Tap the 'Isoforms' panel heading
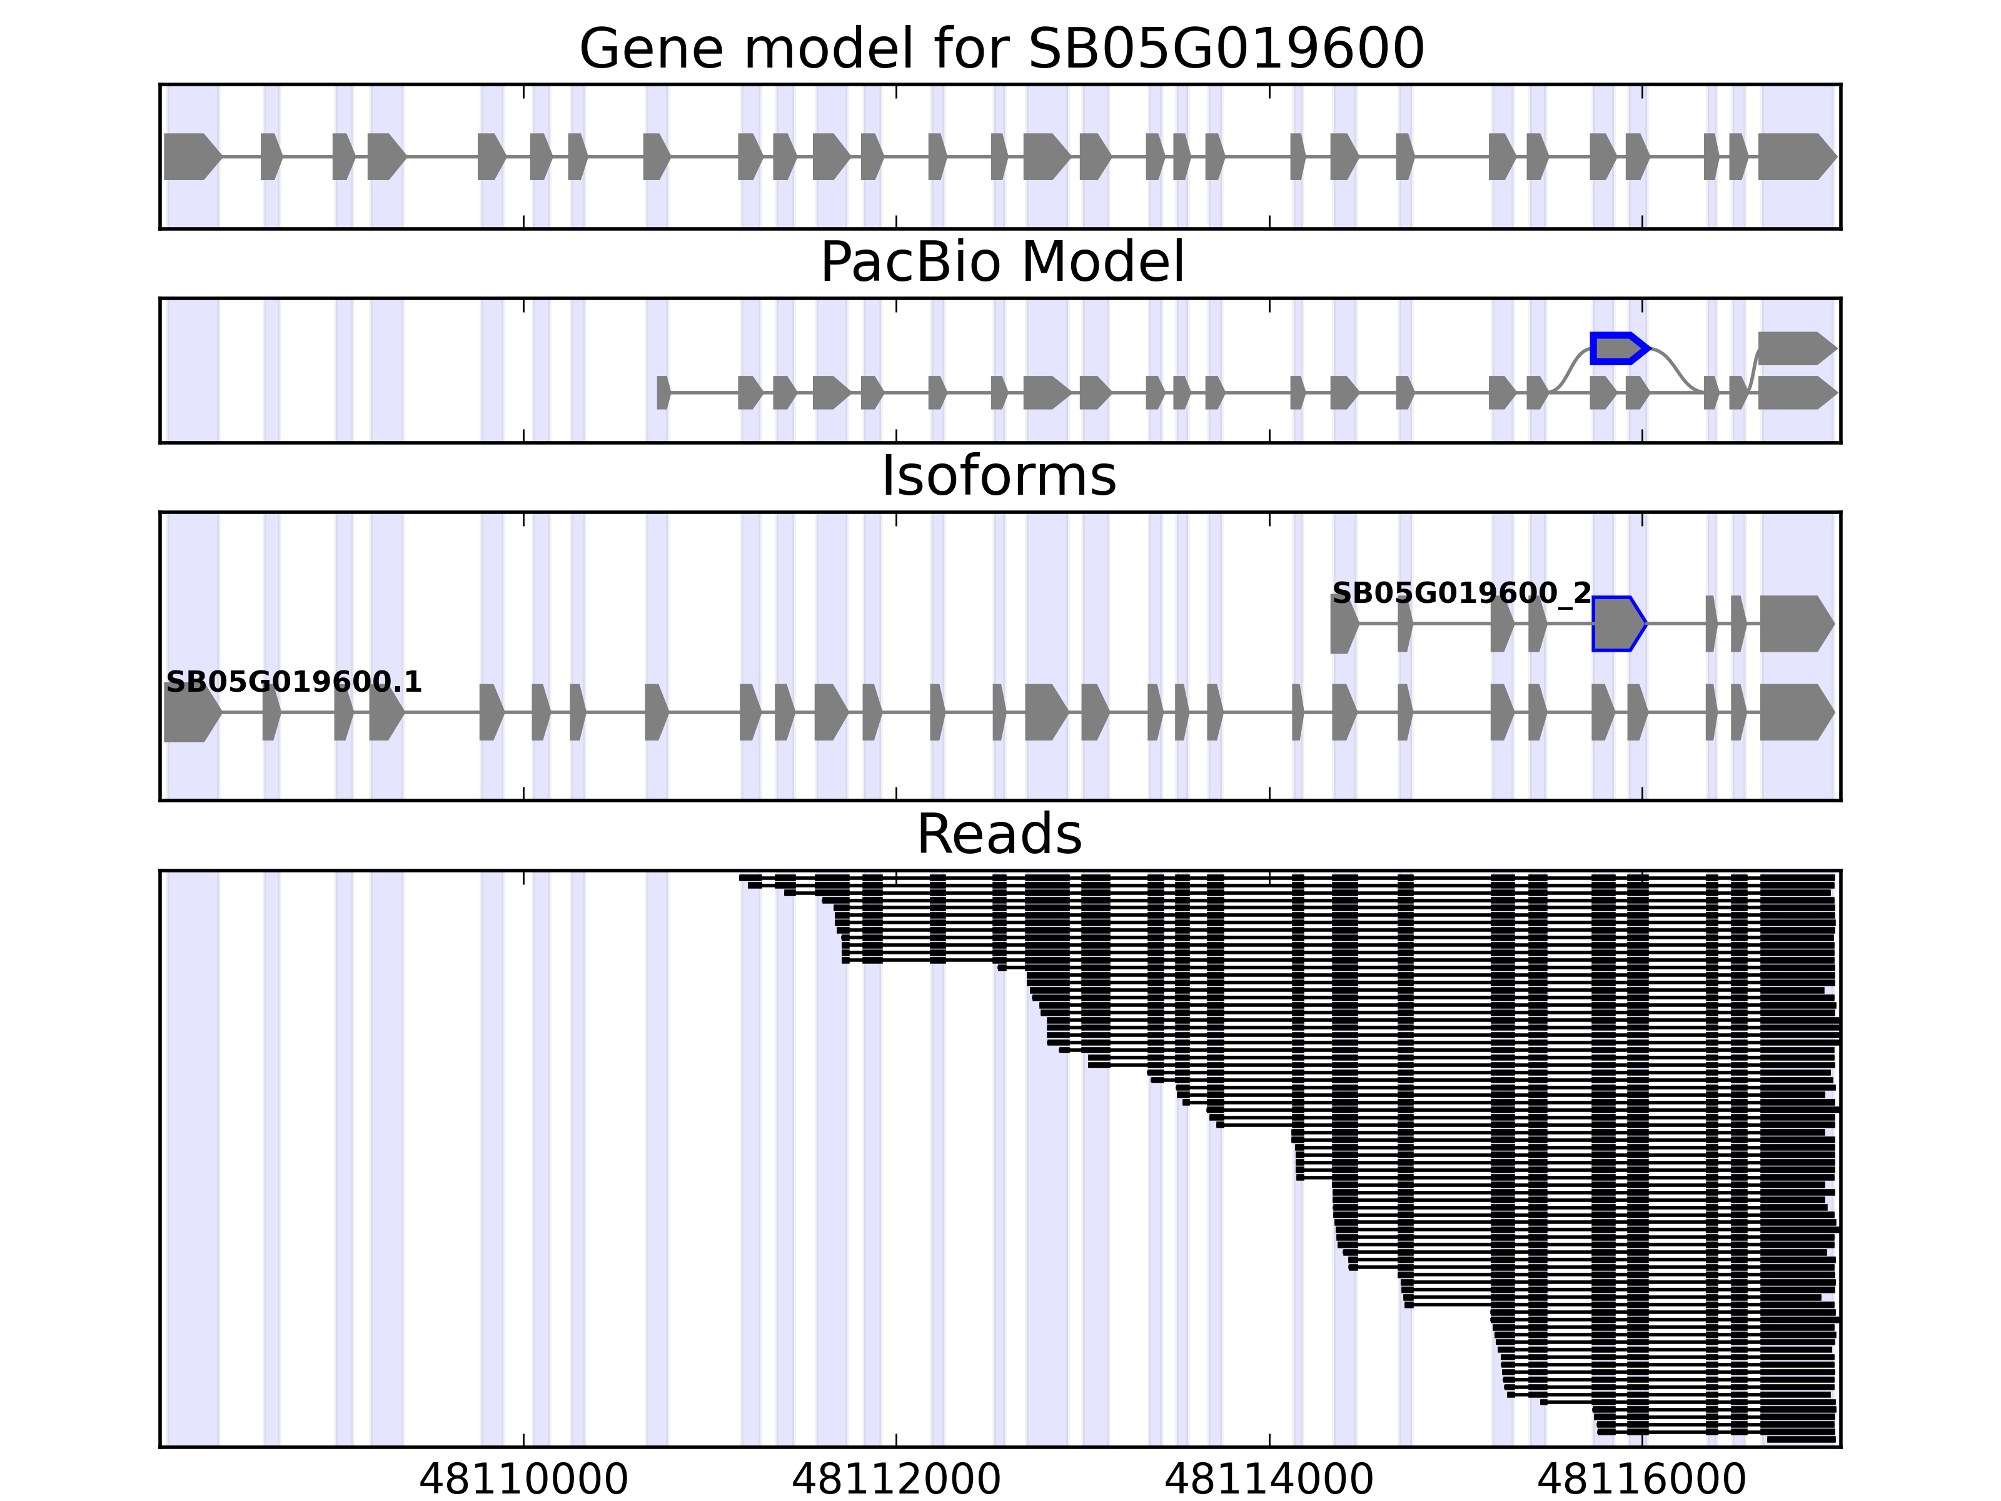[x=999, y=476]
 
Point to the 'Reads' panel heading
[x=999, y=834]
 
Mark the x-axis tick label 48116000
[x=1642, y=1479]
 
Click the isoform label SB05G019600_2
[x=1461, y=593]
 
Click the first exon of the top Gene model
[x=191, y=156]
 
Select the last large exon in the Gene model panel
[x=1796, y=156]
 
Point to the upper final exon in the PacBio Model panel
[x=1796, y=348]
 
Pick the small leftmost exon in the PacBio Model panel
[x=663, y=393]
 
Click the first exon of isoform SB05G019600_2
[x=1343, y=624]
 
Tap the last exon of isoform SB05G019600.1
[x=1796, y=712]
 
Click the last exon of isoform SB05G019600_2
[x=1796, y=624]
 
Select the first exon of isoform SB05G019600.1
[x=191, y=712]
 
